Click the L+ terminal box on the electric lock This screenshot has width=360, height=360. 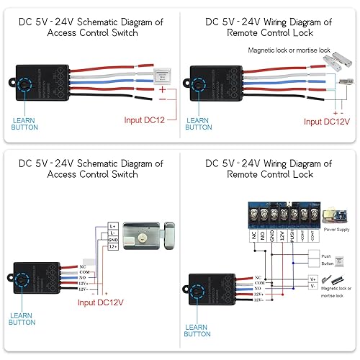[x=113, y=226]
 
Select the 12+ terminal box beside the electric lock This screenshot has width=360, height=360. [x=113, y=246]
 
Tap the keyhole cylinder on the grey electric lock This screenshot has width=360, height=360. [x=149, y=237]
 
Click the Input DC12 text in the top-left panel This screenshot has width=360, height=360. [x=145, y=120]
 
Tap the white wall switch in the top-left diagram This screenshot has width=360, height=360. [x=162, y=75]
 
